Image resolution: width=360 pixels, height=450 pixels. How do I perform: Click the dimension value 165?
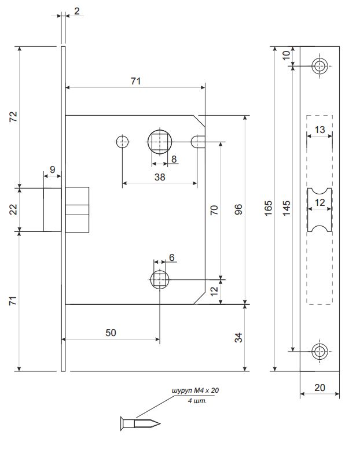tap(267, 209)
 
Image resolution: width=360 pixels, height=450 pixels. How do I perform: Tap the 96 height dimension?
tap(238, 209)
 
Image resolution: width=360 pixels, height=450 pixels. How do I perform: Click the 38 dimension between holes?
tap(159, 178)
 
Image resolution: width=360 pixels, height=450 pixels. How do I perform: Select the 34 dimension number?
tap(238, 337)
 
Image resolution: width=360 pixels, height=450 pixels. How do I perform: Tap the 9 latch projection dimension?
tap(52, 170)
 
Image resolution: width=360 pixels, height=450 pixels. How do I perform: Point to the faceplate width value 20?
tap(319, 388)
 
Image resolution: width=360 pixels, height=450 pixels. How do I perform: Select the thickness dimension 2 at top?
tap(77, 10)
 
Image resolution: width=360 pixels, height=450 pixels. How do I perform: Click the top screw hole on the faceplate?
tap(319, 65)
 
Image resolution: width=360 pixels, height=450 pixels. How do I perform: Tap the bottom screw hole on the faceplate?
tap(319, 351)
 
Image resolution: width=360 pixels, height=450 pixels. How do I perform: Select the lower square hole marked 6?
tap(159, 281)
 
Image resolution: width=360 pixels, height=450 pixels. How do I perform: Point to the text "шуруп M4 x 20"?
tap(196, 392)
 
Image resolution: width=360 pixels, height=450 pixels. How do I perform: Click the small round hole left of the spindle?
tap(122, 141)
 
